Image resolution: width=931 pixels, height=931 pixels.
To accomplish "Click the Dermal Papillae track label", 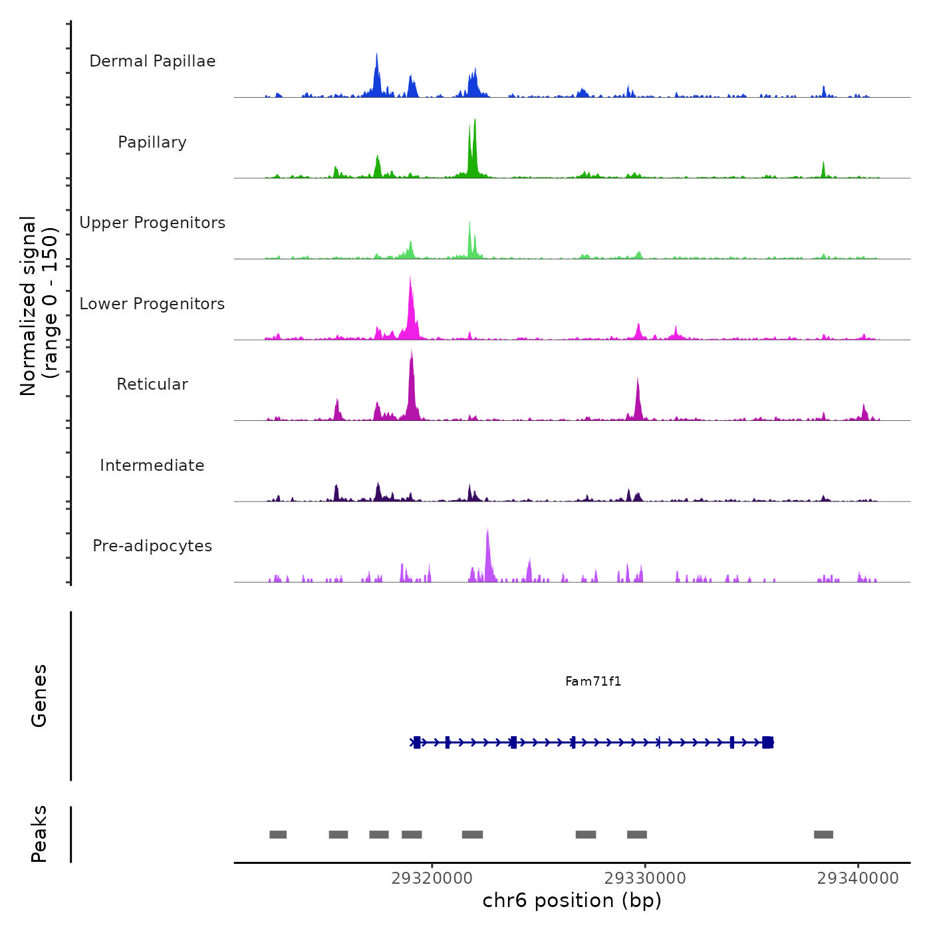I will click(x=152, y=61).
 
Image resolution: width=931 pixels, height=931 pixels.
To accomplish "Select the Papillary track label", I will click(x=152, y=142).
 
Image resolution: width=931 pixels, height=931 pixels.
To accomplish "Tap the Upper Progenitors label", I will click(x=152, y=223).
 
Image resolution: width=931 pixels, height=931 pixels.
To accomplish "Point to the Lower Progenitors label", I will click(x=152, y=304).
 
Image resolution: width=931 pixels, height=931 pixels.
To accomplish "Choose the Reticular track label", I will click(x=152, y=384).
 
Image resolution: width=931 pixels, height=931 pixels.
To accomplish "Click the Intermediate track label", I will click(x=152, y=465).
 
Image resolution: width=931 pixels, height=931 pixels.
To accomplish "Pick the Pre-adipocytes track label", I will click(x=152, y=546).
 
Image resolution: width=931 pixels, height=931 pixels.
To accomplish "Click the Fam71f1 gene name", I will click(x=593, y=681).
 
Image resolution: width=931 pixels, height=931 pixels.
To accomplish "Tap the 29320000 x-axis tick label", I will click(x=432, y=878).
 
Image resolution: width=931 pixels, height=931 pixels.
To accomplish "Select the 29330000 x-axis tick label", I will click(x=645, y=878).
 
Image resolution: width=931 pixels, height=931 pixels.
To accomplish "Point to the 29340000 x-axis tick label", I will click(x=858, y=878).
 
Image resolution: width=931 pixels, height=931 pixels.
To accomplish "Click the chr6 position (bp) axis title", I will click(x=572, y=900).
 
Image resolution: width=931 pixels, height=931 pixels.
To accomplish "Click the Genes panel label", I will click(x=39, y=696).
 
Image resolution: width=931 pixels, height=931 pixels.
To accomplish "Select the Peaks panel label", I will click(x=39, y=834).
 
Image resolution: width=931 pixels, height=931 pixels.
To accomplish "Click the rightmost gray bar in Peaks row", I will click(x=823, y=835).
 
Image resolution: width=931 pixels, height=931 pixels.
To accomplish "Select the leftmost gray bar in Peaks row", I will click(x=278, y=835).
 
